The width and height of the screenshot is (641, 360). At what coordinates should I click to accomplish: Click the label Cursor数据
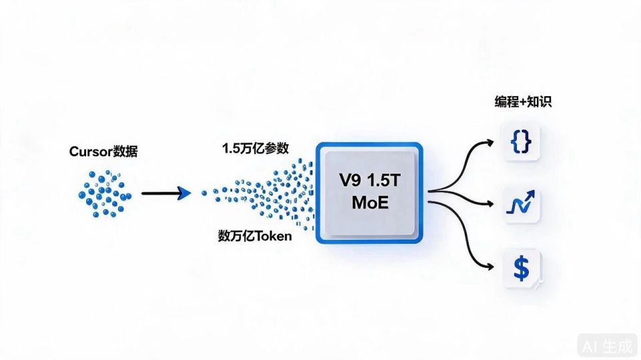(103, 152)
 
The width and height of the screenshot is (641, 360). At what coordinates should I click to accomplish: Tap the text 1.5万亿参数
(256, 148)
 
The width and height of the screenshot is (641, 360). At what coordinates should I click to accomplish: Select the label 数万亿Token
(254, 236)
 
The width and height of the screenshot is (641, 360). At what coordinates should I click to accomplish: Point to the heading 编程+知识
(523, 102)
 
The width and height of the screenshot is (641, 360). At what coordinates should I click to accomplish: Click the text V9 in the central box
(350, 180)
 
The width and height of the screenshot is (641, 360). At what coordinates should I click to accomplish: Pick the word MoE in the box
(370, 202)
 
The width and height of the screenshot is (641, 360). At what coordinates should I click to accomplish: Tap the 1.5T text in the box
(384, 180)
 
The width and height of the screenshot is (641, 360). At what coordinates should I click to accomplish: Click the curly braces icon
(521, 142)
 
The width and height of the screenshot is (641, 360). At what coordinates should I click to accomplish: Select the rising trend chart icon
(520, 202)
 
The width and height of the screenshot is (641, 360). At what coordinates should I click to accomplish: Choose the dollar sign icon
(521, 268)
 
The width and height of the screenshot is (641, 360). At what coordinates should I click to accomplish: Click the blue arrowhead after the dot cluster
(184, 193)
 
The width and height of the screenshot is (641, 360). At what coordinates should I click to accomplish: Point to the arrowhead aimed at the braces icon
(489, 143)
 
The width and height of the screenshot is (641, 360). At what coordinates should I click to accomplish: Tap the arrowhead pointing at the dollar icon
(489, 267)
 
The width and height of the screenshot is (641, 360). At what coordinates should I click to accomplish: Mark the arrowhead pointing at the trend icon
(489, 203)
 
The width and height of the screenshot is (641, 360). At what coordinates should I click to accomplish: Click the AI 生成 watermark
(608, 347)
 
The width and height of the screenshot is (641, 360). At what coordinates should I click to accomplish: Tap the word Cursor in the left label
(91, 152)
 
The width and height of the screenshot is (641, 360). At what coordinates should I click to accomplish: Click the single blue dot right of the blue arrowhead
(204, 193)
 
